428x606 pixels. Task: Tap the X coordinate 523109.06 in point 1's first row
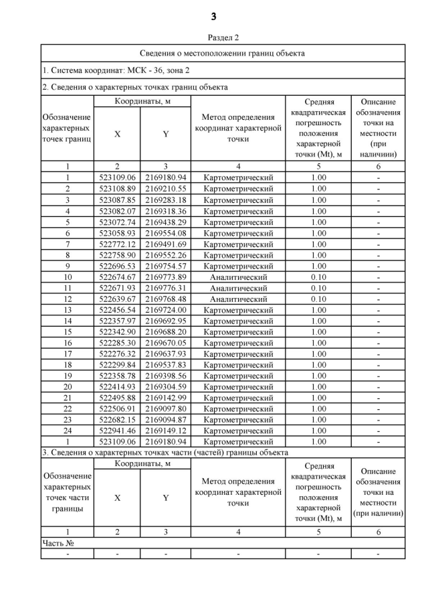(117, 177)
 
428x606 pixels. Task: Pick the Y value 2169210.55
(165, 189)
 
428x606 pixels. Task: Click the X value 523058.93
(117, 232)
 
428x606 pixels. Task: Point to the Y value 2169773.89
(165, 277)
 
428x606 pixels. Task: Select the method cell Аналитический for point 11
(238, 288)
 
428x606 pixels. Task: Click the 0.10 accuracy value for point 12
(318, 299)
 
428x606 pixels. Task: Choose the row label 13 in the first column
(68, 310)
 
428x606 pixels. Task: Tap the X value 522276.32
(117, 354)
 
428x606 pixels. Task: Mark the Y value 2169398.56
(165, 376)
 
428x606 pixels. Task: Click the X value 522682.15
(117, 420)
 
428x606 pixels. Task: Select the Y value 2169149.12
(165, 431)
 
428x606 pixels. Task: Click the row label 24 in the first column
(68, 431)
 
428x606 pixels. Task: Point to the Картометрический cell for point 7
(238, 244)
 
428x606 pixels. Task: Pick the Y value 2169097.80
(165, 408)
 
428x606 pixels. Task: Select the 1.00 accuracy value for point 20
(318, 387)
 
